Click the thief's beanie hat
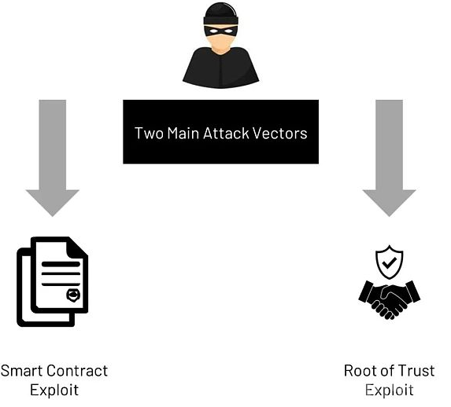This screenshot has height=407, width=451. (221, 13)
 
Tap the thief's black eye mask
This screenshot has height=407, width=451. (221, 31)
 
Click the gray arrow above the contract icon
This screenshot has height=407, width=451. (53, 158)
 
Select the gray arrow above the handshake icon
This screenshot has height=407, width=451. (389, 158)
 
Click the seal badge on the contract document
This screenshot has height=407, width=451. (73, 295)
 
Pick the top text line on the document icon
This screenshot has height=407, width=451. (61, 264)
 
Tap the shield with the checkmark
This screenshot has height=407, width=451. (390, 262)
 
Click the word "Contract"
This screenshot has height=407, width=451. (77, 371)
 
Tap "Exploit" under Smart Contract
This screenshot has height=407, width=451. (54, 390)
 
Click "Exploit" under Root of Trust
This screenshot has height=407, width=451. (390, 390)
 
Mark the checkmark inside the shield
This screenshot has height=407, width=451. (390, 262)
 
